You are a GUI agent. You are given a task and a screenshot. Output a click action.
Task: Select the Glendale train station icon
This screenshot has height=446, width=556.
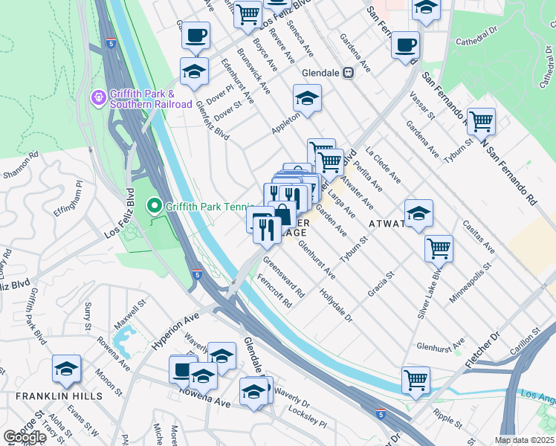(x=346, y=74)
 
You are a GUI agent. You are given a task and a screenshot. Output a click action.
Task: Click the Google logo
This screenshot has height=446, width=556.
(x=25, y=437)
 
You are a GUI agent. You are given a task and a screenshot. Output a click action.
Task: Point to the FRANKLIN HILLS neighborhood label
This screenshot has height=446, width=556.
(x=59, y=396)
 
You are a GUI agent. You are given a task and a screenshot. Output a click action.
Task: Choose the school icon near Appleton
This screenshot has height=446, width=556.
(x=306, y=97)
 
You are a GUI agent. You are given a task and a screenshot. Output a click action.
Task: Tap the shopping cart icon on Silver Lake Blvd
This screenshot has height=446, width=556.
(x=439, y=248)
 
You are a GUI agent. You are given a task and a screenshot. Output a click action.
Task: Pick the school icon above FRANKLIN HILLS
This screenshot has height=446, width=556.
(x=66, y=368)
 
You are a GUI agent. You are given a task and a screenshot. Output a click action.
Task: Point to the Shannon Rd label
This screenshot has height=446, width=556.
(x=20, y=165)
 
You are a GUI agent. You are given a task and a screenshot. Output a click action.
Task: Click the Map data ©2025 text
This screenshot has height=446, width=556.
(x=525, y=440)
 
